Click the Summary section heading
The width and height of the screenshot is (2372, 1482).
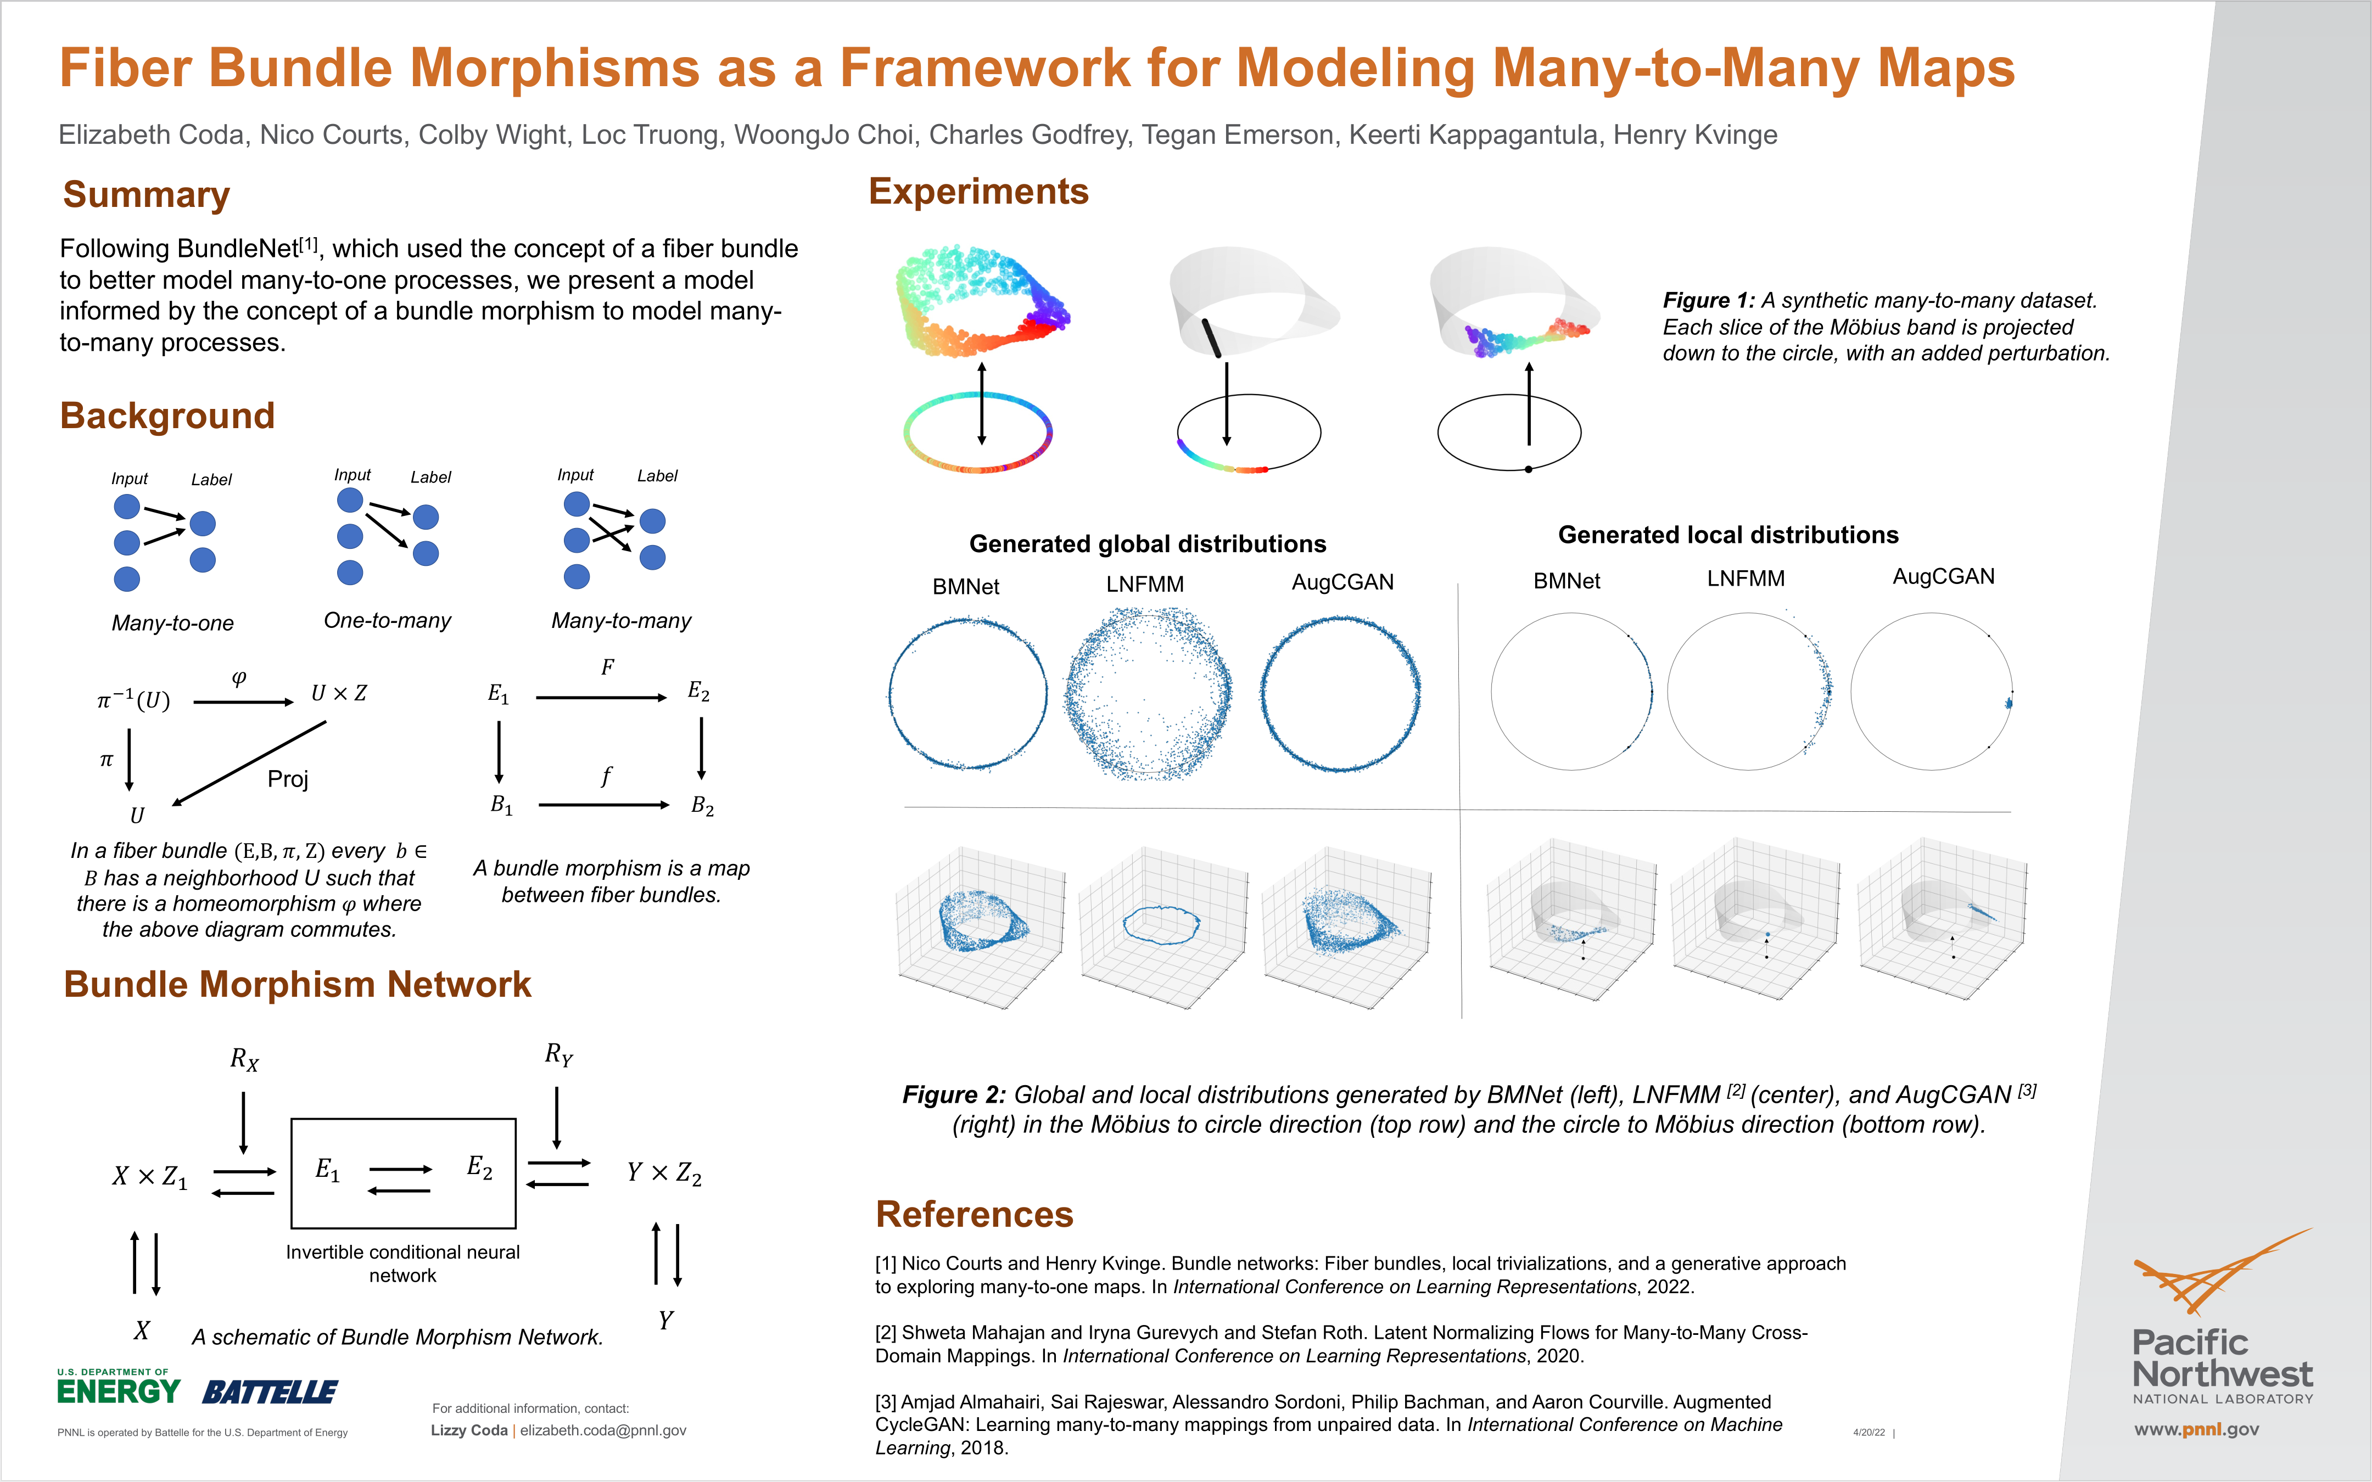(x=146, y=195)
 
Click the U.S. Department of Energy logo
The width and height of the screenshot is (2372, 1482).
(x=119, y=1388)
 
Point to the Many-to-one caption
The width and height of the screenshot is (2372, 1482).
(x=172, y=624)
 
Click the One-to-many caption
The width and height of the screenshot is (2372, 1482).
(x=387, y=620)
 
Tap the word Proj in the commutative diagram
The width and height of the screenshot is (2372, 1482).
(x=287, y=779)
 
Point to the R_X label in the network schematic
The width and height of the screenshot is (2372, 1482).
(x=244, y=1059)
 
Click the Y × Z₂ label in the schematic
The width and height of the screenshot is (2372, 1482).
(x=664, y=1174)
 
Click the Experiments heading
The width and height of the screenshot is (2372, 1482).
(x=978, y=191)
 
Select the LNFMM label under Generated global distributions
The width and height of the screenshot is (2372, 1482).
(x=1145, y=584)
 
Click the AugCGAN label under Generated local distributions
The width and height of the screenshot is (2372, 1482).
(x=1943, y=576)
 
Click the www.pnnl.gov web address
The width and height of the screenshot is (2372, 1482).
(x=2196, y=1429)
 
